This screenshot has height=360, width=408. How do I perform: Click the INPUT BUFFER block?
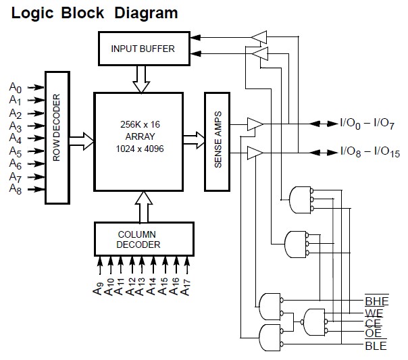click(143, 49)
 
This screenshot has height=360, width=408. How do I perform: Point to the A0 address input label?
click(16, 87)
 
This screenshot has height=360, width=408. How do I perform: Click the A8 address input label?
click(16, 189)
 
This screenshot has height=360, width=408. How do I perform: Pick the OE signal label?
click(374, 334)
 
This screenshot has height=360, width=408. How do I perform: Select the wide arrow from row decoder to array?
click(80, 140)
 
